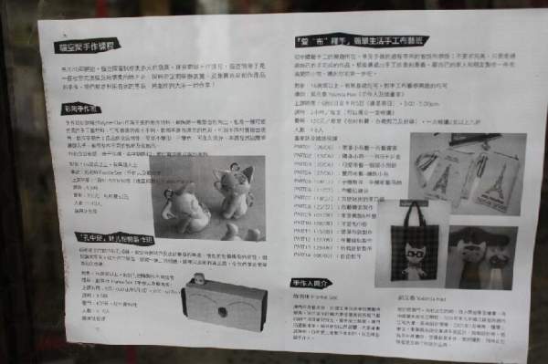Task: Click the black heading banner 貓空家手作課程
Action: tap(93, 43)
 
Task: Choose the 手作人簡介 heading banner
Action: tap(312, 284)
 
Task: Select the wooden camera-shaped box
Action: tap(224, 302)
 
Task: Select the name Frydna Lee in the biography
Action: tap(319, 298)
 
